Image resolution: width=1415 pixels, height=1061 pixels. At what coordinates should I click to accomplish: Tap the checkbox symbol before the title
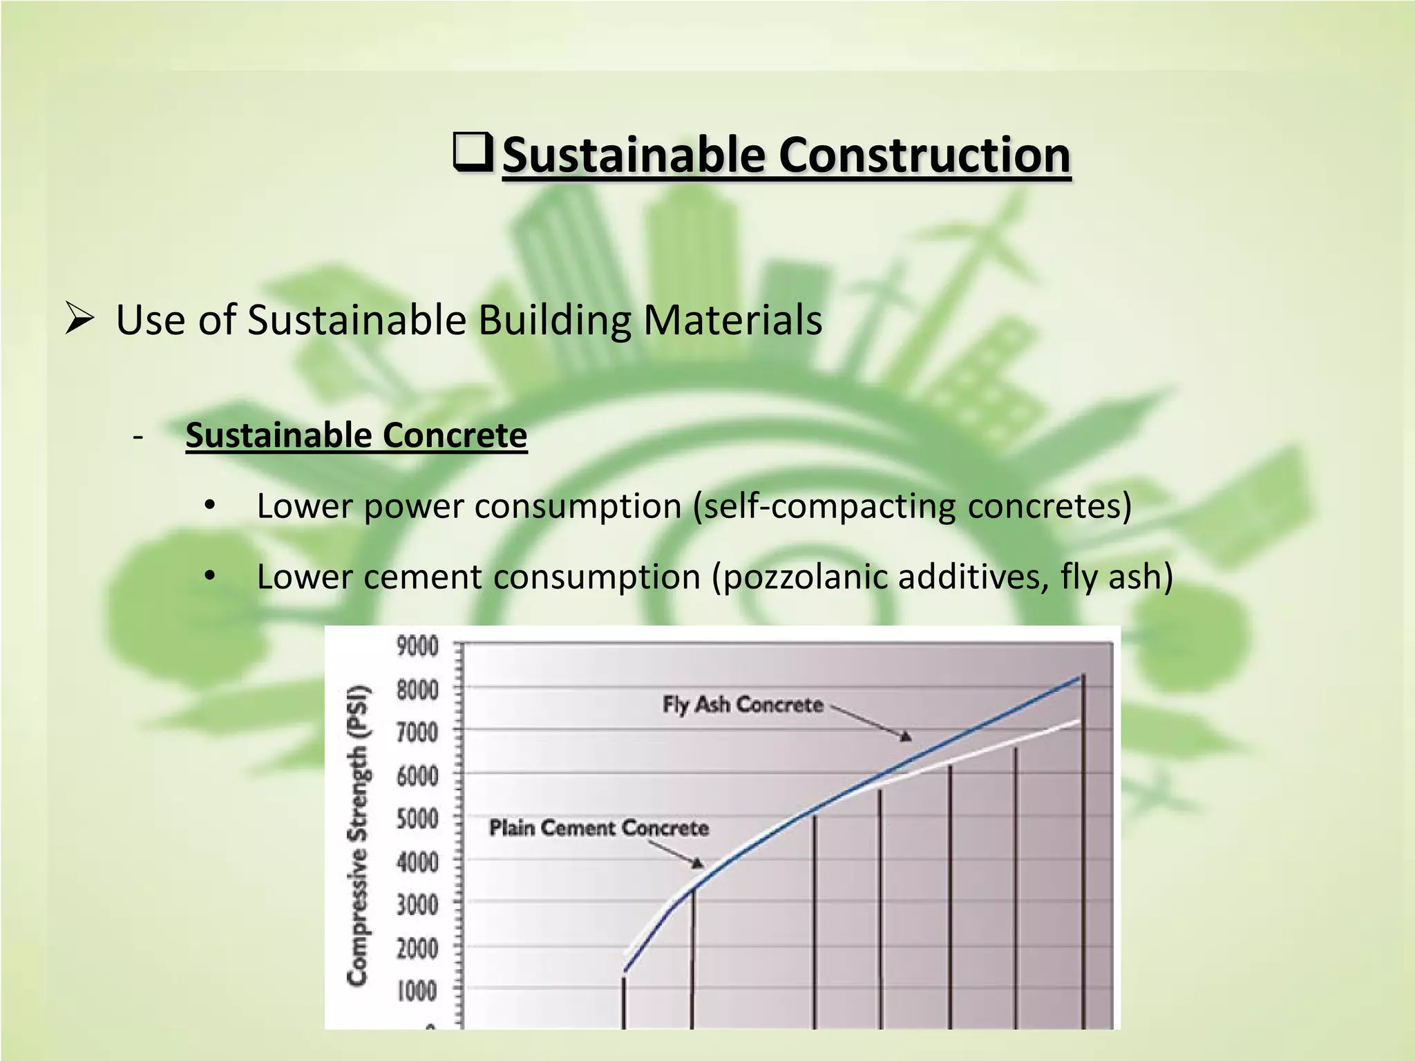pos(473,152)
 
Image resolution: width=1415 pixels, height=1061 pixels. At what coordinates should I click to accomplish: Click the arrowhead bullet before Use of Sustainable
pos(79,318)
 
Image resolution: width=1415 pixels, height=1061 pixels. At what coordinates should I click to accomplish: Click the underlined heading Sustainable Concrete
pos(356,436)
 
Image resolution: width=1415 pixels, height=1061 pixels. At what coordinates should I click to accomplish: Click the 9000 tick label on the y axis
pos(417,647)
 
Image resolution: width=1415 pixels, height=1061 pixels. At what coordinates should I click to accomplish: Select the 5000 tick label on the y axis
pos(417,819)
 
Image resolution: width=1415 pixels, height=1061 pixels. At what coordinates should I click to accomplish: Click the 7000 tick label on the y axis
pos(417,732)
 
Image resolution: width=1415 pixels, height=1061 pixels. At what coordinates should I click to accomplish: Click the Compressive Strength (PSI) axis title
pos(358,834)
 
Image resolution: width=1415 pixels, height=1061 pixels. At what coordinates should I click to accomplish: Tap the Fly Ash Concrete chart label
pos(743,705)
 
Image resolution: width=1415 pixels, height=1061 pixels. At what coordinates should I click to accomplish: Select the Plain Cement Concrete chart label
pos(599,828)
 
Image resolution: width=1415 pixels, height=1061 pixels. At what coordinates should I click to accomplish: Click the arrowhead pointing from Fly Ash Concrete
pos(906,737)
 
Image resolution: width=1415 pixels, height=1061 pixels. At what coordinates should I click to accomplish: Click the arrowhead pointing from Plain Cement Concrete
pos(699,863)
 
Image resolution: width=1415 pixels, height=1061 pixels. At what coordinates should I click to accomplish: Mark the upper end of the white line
pos(1079,722)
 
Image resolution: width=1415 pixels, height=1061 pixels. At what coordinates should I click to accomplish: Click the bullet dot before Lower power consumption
pos(211,506)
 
